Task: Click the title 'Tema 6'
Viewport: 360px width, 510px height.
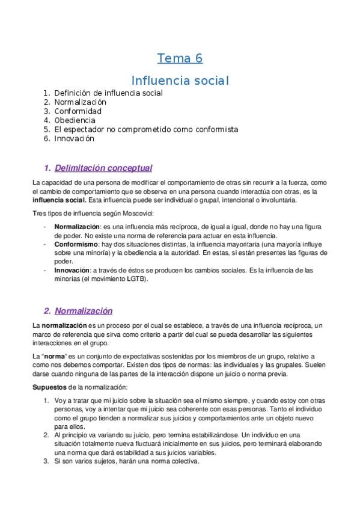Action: point(180,58)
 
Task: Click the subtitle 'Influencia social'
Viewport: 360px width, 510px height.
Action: point(180,79)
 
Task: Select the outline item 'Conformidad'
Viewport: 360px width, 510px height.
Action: point(78,111)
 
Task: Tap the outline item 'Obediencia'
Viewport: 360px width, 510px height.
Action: point(75,120)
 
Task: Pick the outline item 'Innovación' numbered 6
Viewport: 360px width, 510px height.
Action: point(75,138)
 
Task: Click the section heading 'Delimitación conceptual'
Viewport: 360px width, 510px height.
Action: point(103,168)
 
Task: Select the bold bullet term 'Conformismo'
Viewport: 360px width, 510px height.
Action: point(75,245)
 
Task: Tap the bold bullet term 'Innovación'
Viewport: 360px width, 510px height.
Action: point(72,270)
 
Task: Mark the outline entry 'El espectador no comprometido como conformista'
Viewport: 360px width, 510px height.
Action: point(146,129)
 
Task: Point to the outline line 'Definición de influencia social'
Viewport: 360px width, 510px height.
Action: point(108,93)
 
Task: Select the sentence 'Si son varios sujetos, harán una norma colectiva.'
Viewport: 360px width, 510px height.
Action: point(127,462)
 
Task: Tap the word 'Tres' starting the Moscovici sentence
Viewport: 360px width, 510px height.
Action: point(38,213)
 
